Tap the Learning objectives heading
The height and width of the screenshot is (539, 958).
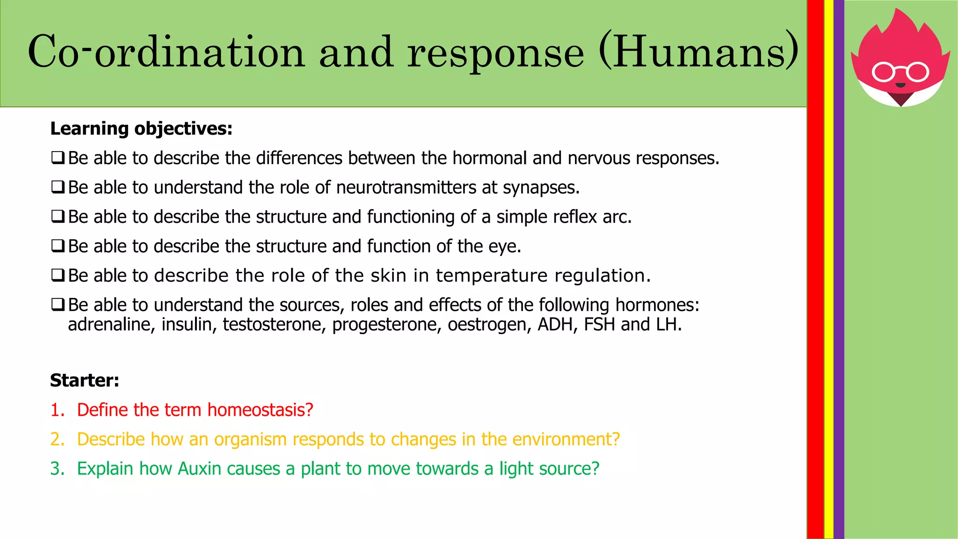141,129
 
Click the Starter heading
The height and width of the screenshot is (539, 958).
85,380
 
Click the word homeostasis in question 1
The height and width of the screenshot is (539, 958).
260,410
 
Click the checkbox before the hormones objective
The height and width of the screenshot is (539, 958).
58,305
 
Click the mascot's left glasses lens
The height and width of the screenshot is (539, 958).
883,73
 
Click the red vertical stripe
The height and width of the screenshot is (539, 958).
815,281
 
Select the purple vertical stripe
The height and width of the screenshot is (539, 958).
839,281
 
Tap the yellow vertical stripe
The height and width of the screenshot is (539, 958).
828,281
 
